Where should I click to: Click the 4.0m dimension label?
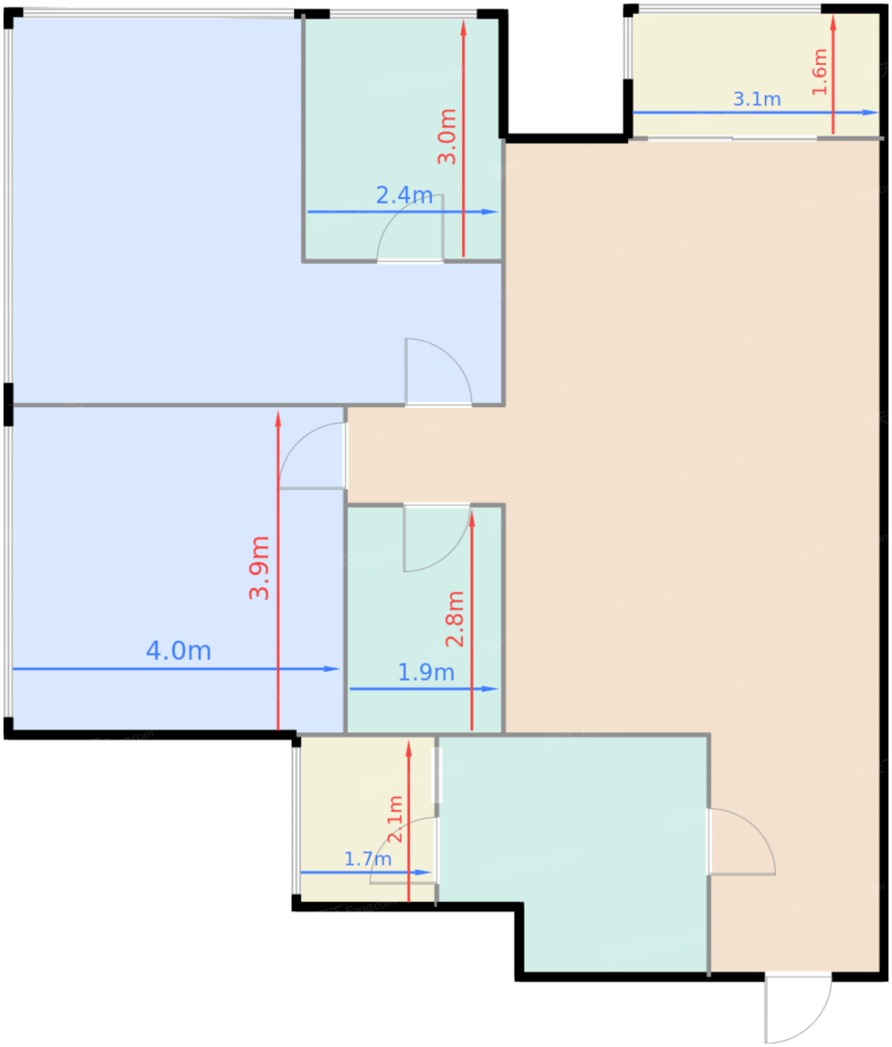[x=178, y=651]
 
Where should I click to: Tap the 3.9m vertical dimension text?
[x=260, y=568]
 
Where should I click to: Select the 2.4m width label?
[x=404, y=195]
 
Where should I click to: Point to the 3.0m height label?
[x=447, y=136]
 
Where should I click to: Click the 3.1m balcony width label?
[x=757, y=99]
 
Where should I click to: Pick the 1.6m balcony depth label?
[x=819, y=72]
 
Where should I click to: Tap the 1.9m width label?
[x=426, y=672]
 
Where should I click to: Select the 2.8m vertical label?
[x=455, y=618]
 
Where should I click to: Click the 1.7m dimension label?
[x=367, y=859]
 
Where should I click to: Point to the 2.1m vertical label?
[x=395, y=819]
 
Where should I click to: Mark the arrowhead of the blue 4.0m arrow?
[x=334, y=669]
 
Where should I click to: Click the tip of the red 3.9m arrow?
[x=278, y=416]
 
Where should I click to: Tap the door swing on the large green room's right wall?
[x=741, y=841]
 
